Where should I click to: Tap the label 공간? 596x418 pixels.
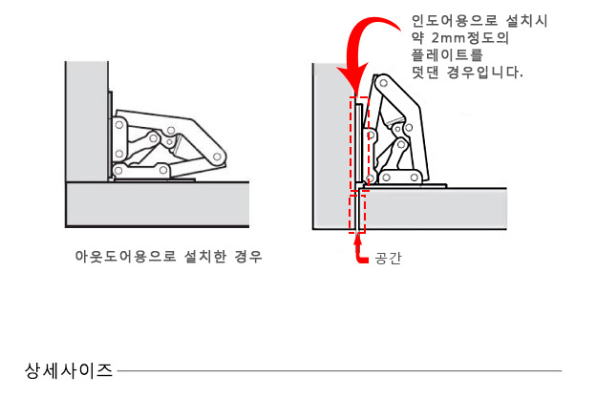click(388, 258)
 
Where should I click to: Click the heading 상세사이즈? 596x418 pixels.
click(69, 370)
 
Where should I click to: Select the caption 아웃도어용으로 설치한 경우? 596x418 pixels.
click(168, 257)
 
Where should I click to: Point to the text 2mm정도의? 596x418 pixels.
click(470, 38)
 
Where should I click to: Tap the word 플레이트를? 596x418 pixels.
click(447, 55)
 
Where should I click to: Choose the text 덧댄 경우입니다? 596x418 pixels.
click(467, 73)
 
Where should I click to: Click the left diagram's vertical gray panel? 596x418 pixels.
click(87, 121)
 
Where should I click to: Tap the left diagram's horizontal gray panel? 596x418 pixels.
click(158, 204)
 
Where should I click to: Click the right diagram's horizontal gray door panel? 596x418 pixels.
click(434, 209)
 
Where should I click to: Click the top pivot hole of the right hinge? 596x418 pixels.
click(384, 82)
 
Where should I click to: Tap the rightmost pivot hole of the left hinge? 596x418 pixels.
click(217, 157)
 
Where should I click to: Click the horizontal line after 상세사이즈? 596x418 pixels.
click(340, 371)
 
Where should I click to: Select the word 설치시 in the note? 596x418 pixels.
click(527, 21)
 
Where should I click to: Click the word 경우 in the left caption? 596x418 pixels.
click(248, 257)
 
